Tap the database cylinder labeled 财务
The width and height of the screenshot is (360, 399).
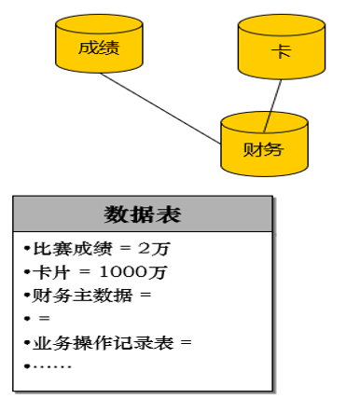click(262, 146)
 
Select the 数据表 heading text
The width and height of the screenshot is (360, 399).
click(143, 214)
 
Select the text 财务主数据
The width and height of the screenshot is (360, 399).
click(77, 296)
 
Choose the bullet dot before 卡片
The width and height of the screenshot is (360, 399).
click(27, 272)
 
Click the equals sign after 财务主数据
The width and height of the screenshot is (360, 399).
click(144, 296)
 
